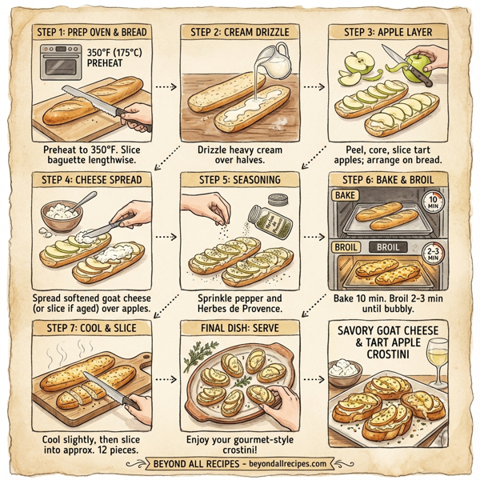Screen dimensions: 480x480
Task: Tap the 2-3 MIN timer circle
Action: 433,254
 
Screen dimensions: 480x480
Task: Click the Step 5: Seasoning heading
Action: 238,178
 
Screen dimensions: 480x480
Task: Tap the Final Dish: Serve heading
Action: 238,326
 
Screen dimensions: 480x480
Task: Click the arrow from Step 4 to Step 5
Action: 164,237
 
